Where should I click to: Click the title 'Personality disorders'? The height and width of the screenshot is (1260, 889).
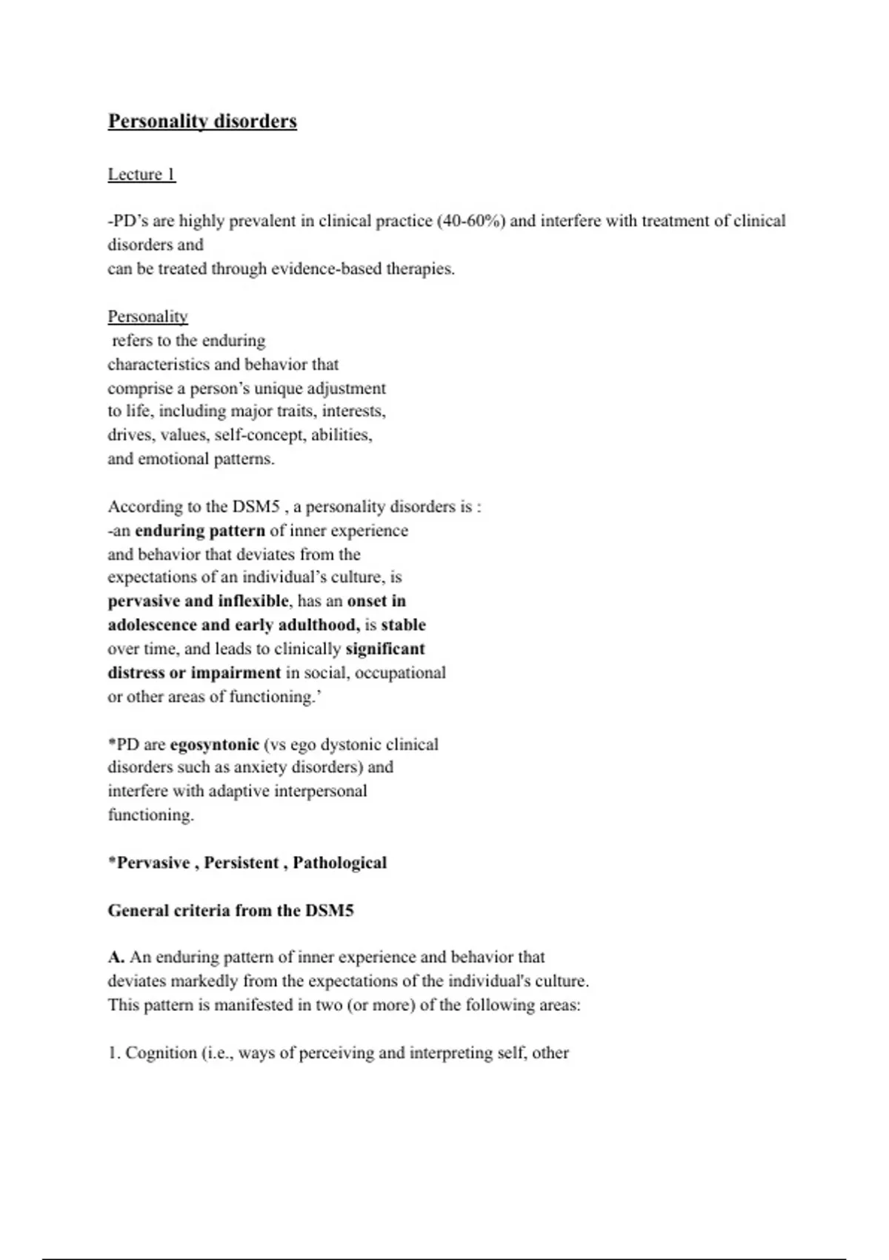pos(202,122)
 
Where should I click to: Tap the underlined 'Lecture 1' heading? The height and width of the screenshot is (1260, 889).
pos(141,174)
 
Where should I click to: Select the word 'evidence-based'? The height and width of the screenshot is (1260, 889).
pos(326,269)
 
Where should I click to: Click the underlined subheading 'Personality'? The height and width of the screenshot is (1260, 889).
pos(147,316)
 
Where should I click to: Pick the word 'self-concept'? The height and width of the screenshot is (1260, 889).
pos(260,435)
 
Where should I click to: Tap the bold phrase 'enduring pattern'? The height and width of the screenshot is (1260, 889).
pos(200,531)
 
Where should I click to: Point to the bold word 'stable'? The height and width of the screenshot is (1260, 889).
pos(403,625)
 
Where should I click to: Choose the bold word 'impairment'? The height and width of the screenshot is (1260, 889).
pos(236,673)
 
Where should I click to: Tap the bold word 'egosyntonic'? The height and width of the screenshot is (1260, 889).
pos(214,744)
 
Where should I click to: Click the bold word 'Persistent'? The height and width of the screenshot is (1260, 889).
pos(242,863)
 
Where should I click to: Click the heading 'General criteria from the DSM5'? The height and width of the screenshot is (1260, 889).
pos(230,910)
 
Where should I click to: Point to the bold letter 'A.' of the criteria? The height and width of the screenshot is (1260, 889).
pos(116,957)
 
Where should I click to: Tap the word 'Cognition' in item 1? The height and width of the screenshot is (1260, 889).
pos(161,1053)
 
